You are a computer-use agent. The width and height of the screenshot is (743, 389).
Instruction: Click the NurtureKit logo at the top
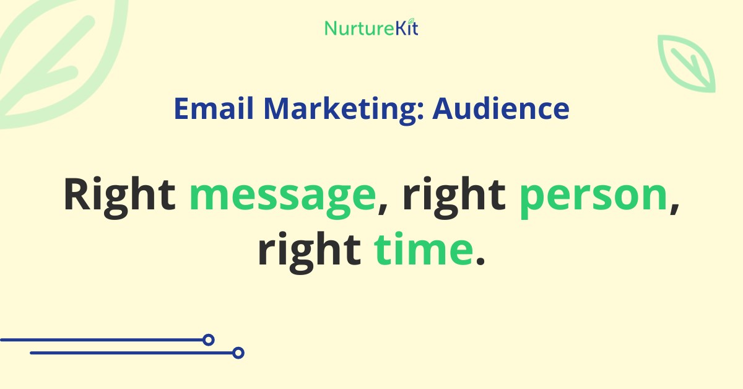(x=371, y=28)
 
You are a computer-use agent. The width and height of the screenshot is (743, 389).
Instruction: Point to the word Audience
(x=501, y=109)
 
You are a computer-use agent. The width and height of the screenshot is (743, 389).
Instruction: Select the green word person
(x=593, y=197)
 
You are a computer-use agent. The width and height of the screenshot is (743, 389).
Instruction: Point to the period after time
(x=479, y=260)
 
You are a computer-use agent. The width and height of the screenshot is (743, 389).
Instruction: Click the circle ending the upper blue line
(x=209, y=339)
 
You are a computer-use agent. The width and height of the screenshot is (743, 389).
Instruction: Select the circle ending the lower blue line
(x=238, y=353)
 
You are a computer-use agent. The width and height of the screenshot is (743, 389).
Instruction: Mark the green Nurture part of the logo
(x=354, y=28)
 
